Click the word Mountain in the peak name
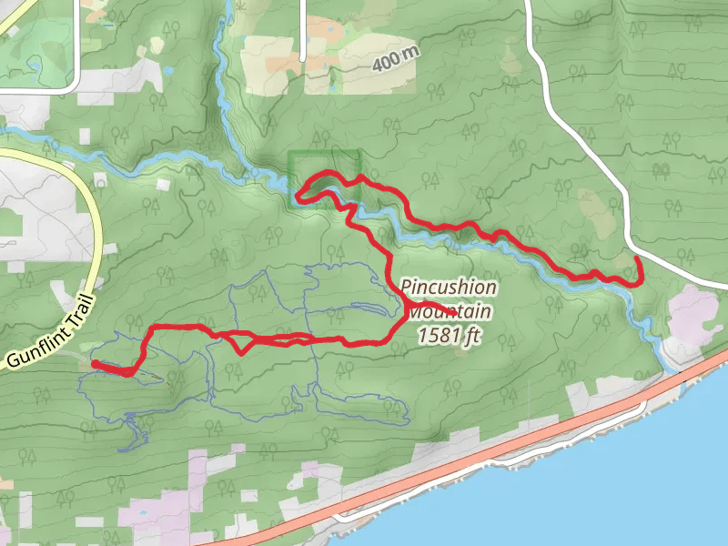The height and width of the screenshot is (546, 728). click(x=450, y=312)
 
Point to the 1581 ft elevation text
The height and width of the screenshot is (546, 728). click(x=450, y=336)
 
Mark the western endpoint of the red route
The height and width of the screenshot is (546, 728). click(x=95, y=364)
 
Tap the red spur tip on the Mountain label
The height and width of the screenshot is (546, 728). click(x=444, y=306)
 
